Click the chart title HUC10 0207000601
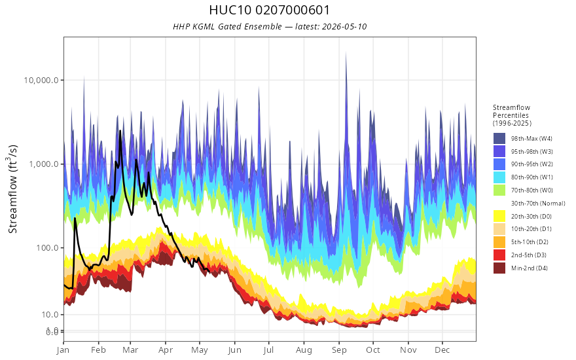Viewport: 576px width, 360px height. (269, 10)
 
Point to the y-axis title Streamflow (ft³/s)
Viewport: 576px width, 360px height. (13, 189)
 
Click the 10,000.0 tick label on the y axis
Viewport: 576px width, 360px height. (41, 80)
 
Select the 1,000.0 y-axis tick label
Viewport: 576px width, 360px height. (44, 164)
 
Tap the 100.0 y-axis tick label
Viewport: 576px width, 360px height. (47, 247)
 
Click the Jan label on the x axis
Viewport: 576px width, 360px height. (63, 350)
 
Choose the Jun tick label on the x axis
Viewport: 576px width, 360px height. (234, 350)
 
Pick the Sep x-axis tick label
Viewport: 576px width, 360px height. (338, 350)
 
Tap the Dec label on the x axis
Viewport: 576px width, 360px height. (442, 350)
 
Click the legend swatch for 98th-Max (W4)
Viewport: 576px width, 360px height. (499, 139)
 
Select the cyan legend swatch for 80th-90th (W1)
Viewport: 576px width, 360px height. (499, 177)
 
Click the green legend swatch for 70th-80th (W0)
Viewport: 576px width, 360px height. (499, 190)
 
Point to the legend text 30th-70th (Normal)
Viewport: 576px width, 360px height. (538, 203)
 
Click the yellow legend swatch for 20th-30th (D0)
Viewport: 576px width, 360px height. (499, 216)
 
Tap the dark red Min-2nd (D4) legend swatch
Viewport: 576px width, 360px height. (499, 268)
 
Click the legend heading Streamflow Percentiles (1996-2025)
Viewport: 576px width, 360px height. (512, 115)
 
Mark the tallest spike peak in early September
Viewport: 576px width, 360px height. (346, 52)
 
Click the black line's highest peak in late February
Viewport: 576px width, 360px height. (120, 131)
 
